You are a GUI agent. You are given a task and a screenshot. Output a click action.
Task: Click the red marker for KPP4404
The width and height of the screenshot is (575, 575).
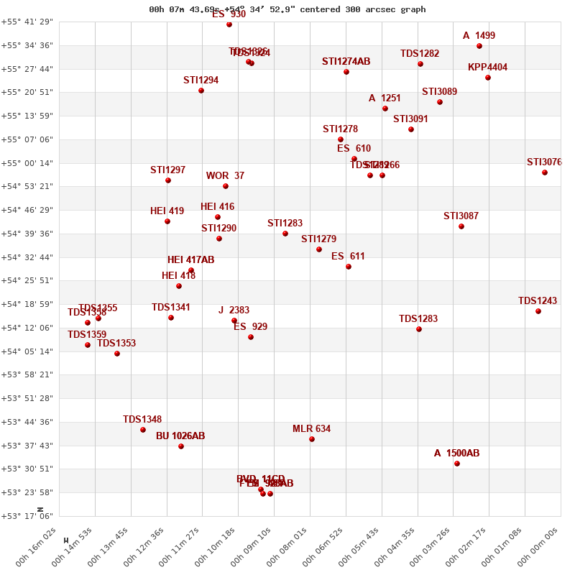click(x=488, y=78)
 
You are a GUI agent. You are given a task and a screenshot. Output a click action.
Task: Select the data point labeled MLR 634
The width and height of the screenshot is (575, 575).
click(x=312, y=439)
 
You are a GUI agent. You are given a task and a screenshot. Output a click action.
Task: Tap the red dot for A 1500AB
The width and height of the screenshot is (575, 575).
click(x=457, y=464)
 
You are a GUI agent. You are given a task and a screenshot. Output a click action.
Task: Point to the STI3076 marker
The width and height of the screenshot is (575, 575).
click(x=545, y=172)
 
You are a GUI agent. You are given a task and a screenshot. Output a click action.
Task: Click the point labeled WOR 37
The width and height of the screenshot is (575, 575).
click(x=226, y=186)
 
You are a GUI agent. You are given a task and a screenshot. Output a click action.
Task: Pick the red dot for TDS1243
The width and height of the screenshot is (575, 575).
click(x=538, y=311)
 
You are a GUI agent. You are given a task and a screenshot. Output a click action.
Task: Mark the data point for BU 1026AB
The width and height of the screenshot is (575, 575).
click(x=181, y=446)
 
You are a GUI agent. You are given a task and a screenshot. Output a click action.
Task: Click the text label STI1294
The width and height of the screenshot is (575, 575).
click(x=201, y=80)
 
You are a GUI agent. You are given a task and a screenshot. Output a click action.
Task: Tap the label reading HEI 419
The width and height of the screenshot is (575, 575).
click(x=167, y=211)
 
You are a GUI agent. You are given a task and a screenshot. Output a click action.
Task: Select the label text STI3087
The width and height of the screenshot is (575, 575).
click(x=461, y=216)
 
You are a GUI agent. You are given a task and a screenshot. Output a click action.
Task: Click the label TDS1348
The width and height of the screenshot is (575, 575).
click(x=142, y=420)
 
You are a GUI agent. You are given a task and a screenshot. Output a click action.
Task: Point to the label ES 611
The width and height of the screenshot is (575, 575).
click(x=348, y=257)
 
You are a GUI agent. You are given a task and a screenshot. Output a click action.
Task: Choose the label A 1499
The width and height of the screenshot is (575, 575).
click(x=479, y=36)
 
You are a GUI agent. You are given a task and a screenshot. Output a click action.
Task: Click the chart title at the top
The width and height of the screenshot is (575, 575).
click(x=287, y=9)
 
